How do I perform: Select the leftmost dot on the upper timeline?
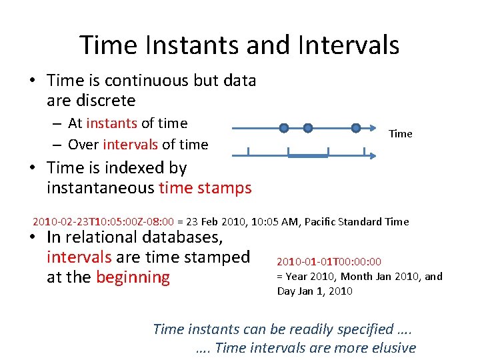(x=284, y=127)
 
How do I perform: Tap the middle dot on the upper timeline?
(x=307, y=127)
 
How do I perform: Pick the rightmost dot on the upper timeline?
(x=356, y=127)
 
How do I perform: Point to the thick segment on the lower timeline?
(x=307, y=155)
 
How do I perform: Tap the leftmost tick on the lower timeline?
(x=247, y=152)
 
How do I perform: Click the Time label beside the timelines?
(x=400, y=134)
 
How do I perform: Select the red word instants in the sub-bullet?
(x=111, y=123)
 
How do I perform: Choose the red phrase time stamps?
(x=205, y=188)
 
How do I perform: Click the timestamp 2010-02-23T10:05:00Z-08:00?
(x=103, y=221)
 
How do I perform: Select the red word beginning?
(x=133, y=277)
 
